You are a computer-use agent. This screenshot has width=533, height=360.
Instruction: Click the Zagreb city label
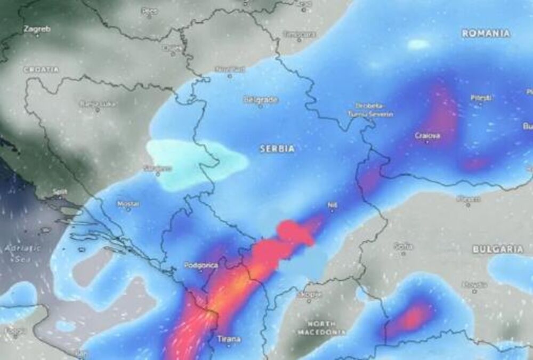(37, 29)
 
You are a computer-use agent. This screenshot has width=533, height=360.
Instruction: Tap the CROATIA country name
(41, 69)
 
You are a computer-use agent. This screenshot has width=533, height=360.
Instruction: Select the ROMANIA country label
(486, 33)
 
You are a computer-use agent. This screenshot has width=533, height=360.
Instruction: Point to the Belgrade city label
(261, 99)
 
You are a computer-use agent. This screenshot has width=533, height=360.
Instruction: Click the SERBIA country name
(277, 149)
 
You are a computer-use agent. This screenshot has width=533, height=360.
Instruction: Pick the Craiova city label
(427, 136)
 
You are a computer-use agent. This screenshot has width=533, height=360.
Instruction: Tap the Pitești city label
(481, 98)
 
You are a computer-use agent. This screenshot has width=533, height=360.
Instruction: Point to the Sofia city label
(403, 246)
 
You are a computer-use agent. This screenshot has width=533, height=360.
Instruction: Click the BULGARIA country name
(498, 249)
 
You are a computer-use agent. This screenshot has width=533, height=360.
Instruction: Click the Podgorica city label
(200, 265)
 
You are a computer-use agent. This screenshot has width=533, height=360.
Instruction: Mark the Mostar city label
(128, 204)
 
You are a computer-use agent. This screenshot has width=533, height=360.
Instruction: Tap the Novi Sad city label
(230, 69)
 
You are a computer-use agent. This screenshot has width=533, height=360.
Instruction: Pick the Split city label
(60, 191)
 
